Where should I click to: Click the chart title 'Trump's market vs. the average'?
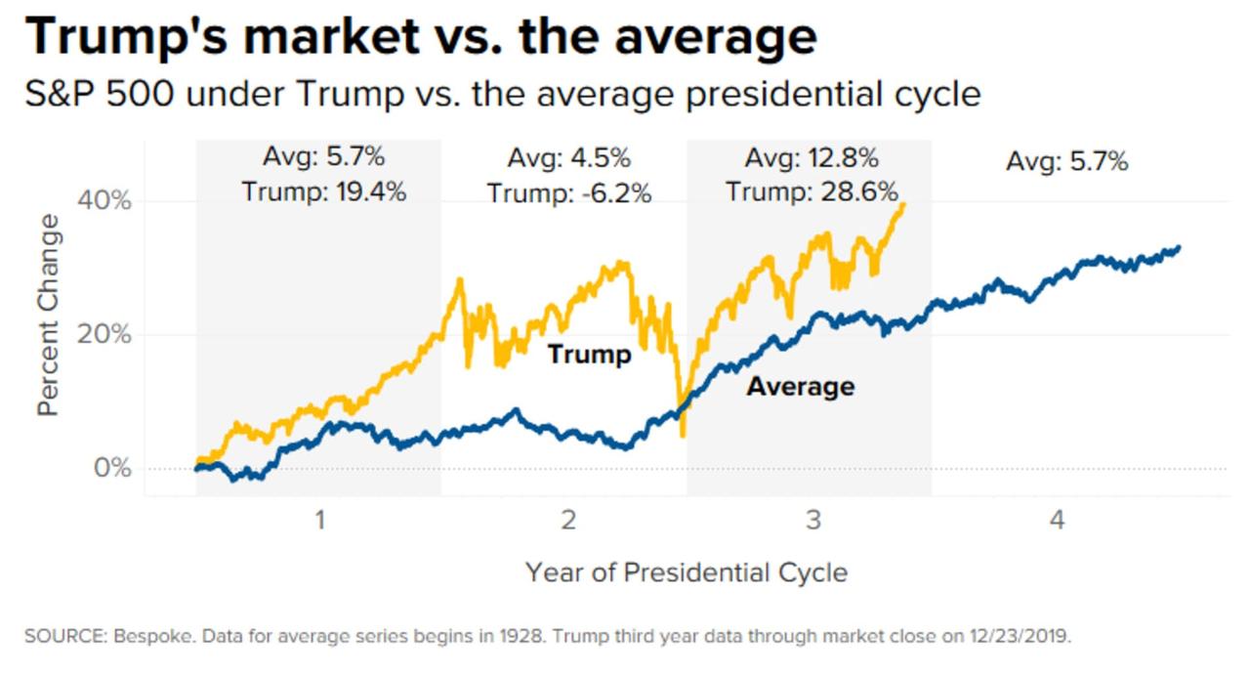click(421, 37)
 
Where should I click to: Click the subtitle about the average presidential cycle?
click(502, 95)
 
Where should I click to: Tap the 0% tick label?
click(112, 468)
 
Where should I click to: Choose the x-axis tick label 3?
click(813, 520)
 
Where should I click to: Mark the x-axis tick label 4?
click(1058, 520)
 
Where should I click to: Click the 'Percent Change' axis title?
click(49, 315)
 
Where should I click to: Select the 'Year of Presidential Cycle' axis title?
click(687, 572)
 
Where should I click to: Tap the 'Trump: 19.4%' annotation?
click(324, 191)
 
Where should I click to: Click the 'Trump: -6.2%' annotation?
click(569, 193)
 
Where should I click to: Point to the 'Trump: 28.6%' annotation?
click(812, 191)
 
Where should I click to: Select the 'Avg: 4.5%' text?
click(569, 158)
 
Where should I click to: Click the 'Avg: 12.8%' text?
click(812, 157)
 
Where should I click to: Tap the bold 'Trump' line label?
click(589, 354)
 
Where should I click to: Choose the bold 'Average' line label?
click(801, 387)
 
